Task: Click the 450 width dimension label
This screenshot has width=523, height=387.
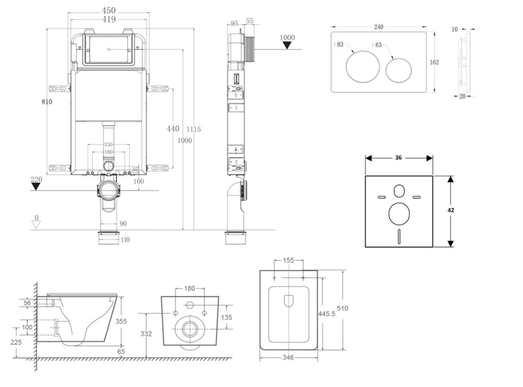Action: [108, 11]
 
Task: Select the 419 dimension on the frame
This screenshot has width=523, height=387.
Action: [108, 19]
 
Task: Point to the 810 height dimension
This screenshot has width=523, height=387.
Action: [47, 102]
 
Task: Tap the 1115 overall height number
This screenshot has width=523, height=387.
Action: [194, 129]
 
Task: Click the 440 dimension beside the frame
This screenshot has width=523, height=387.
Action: [173, 129]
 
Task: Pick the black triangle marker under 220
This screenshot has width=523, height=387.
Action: [35, 186]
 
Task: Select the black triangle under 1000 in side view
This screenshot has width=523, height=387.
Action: [288, 45]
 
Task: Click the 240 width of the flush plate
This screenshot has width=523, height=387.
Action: [379, 27]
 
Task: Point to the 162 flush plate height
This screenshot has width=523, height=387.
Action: [434, 62]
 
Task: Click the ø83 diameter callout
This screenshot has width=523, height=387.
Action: [339, 45]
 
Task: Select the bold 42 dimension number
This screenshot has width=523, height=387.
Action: [451, 210]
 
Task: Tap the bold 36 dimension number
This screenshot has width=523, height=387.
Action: [398, 158]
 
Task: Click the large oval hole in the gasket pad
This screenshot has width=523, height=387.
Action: [399, 214]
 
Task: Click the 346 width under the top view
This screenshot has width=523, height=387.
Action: [288, 358]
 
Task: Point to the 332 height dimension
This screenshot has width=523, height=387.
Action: [147, 333]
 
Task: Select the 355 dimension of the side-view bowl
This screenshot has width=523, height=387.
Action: [121, 321]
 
